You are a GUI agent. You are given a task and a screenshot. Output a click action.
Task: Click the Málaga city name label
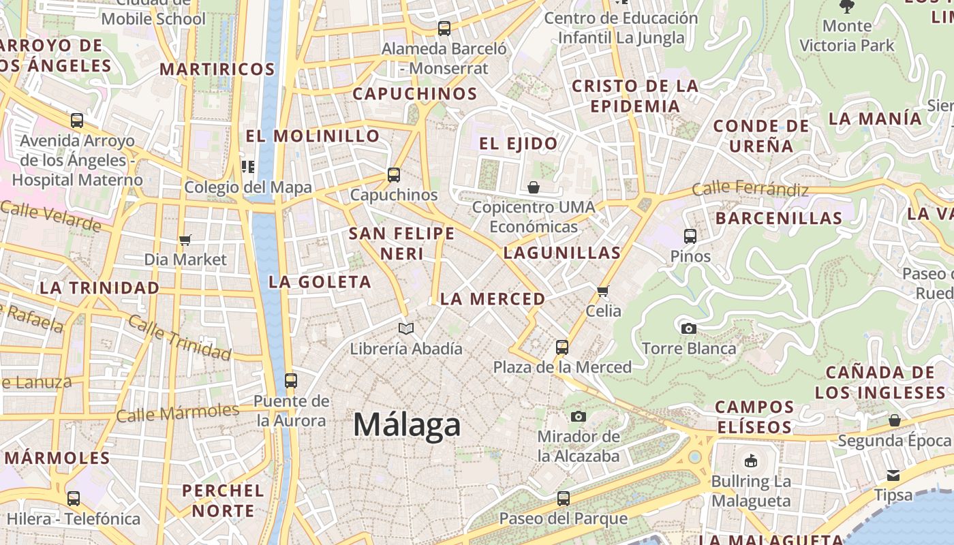[x=407, y=425]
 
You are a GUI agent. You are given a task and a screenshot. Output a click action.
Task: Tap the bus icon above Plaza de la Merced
[x=562, y=347]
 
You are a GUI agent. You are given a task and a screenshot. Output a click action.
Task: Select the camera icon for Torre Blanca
[x=689, y=329]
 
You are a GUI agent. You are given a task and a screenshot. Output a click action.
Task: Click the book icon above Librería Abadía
[x=406, y=329]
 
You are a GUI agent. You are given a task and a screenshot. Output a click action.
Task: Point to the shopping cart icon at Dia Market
[x=185, y=240]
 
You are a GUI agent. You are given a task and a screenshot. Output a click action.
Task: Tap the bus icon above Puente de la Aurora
[x=291, y=381]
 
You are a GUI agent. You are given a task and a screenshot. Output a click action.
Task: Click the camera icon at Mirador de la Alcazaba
[x=579, y=416]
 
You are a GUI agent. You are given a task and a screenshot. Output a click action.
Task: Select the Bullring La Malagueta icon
[x=751, y=461]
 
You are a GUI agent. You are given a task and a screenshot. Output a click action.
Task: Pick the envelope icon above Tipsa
[x=893, y=475]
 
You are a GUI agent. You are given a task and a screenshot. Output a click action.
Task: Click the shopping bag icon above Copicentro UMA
[x=534, y=187]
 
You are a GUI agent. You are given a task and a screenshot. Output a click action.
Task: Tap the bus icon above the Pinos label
[x=690, y=236]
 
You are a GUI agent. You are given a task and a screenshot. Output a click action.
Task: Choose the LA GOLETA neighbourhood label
[x=320, y=282]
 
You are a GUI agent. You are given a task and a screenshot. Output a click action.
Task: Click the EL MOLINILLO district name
[x=312, y=136]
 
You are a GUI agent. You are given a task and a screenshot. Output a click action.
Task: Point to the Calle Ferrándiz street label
[x=750, y=189]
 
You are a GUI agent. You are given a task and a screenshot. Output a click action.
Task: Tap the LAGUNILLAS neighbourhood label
[x=562, y=253]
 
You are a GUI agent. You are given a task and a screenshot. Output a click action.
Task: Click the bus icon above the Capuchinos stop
[x=394, y=175]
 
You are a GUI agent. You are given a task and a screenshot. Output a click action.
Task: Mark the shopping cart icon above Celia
[x=602, y=292]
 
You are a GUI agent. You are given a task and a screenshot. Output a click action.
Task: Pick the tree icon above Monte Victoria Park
[x=847, y=7]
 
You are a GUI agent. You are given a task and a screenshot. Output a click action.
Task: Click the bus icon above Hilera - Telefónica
[x=74, y=499]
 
